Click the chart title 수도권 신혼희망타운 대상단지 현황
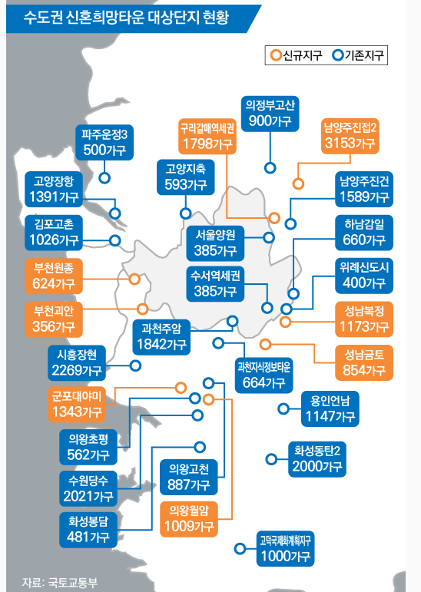coord(126,18)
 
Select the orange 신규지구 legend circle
coord(277,55)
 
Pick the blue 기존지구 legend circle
coord(338,55)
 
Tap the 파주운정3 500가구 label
coord(104,142)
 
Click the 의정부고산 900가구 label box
coord(270,114)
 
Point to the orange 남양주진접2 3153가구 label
coord(350,136)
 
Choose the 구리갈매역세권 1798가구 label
coord(207,136)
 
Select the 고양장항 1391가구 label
coord(54,189)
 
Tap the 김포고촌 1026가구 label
coord(54,233)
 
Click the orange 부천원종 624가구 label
coord(54,276)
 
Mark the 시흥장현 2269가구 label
coord(77,363)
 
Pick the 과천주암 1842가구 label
coord(161,337)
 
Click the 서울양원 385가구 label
coord(215,243)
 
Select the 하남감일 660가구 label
coord(364,233)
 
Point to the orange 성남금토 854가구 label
coord(364,362)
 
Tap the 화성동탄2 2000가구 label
coord(317,459)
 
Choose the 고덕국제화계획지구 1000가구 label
coord(285,548)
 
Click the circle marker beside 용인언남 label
coord(283,408)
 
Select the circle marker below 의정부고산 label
coord(270,168)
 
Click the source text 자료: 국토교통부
coord(59,582)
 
